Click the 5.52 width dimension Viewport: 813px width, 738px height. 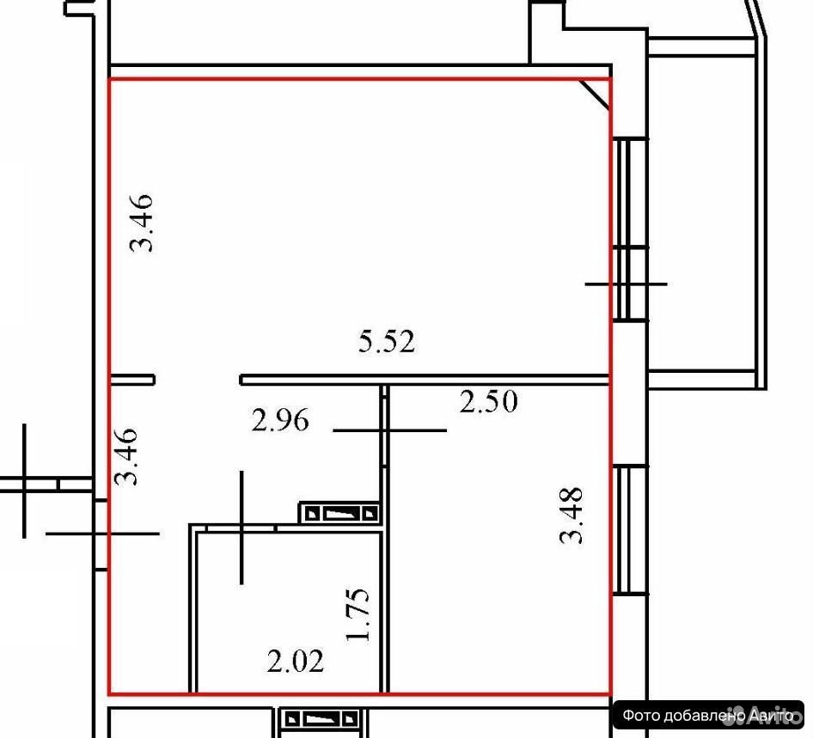coord(387,342)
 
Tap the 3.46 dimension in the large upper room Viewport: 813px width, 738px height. coord(142,223)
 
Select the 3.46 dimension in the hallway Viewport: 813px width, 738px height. coord(126,456)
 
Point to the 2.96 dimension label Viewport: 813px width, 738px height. coord(280,420)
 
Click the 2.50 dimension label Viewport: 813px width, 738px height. coord(488,401)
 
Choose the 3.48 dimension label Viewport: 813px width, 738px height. coord(572,515)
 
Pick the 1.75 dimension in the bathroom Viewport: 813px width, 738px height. coord(358,614)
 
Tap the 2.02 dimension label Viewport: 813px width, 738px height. coord(296,661)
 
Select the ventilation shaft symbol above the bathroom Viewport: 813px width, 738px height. coord(339,513)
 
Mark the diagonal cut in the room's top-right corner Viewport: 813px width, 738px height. coord(594,94)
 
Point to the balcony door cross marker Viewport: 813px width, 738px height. coord(626,284)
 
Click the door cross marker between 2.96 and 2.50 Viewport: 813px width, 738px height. coord(389,430)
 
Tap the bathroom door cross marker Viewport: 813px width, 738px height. coord(241,528)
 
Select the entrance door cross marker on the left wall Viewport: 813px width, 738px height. coord(102,534)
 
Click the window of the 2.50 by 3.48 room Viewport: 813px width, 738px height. coord(629,531)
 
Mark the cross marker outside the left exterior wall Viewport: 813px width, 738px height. coord(24,481)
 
